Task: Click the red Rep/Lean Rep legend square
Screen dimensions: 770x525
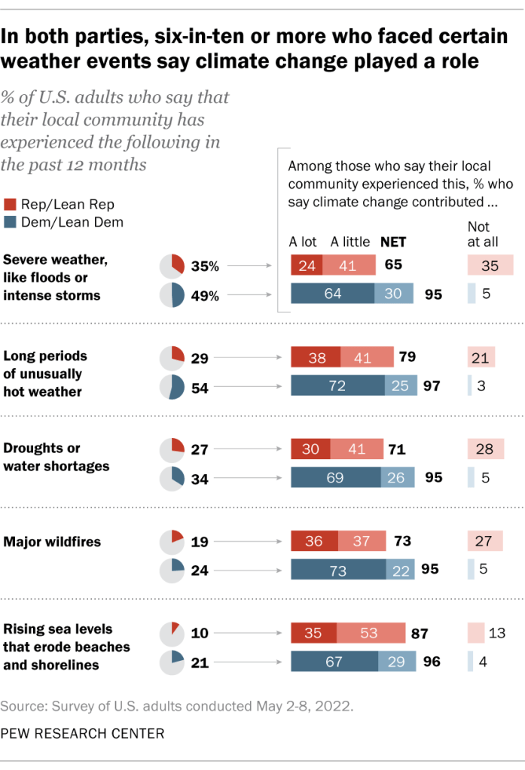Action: pos(10,205)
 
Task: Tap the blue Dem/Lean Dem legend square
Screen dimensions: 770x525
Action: pos(10,222)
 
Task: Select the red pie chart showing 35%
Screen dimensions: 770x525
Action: pos(172,266)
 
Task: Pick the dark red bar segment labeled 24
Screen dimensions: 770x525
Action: pos(307,265)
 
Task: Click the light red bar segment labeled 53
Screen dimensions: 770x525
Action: pos(370,632)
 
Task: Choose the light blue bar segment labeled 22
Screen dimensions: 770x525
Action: pos(399,569)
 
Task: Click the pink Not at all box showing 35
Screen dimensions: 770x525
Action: pos(490,265)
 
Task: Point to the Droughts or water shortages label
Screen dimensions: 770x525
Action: pos(56,457)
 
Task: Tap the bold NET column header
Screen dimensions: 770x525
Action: pos(392,242)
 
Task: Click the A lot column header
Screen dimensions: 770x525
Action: pos(304,242)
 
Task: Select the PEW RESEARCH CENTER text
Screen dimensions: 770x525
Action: pos(82,732)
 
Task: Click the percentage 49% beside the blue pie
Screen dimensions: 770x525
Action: pos(205,296)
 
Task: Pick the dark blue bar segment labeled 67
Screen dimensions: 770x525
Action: pos(334,662)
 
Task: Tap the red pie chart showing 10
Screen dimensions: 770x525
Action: pos(172,633)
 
